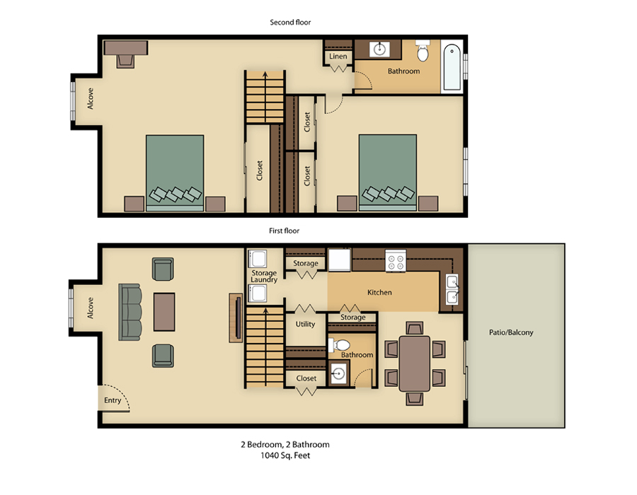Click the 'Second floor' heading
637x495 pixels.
coord(290,22)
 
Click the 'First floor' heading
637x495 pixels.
coord(284,231)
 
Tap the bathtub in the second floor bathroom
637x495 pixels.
coord(452,69)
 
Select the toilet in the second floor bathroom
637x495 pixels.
coord(423,52)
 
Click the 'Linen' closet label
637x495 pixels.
coord(338,57)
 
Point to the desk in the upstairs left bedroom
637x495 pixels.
coord(126,48)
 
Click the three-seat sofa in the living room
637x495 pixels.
coord(130,311)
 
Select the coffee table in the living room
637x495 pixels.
coord(164,311)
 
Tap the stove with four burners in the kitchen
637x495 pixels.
coord(395,262)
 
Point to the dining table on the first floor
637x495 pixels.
coord(415,363)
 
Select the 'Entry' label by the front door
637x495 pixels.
coord(113,400)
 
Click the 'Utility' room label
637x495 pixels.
coord(305,324)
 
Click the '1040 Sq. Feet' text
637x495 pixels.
coord(285,456)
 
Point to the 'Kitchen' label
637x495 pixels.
coord(379,292)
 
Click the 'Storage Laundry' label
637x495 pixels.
coord(264,276)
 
